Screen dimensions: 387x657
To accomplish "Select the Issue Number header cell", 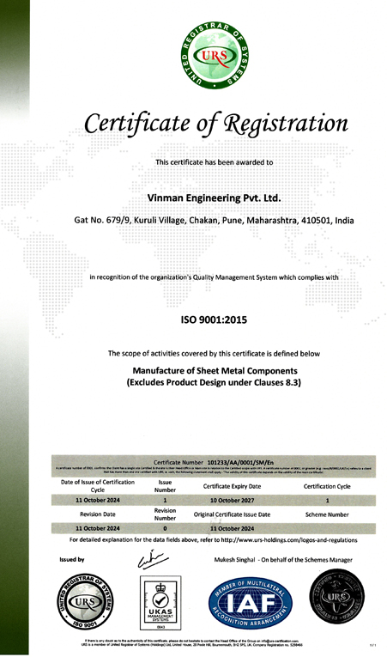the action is [166, 485].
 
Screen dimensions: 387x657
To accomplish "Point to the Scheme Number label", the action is [327, 514].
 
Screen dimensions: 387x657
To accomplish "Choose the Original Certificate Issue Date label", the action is [232, 514].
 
